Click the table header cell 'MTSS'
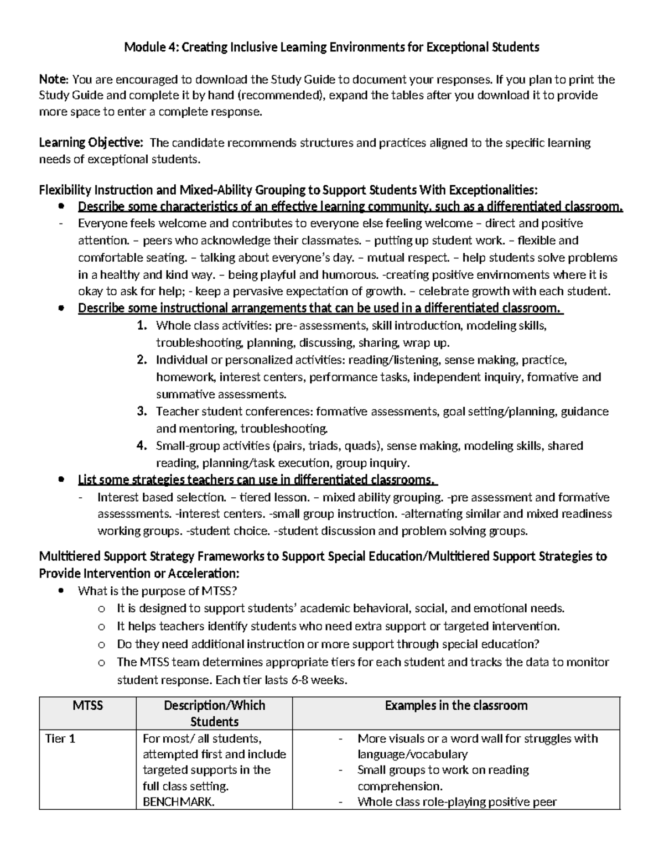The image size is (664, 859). pyautogui.click(x=88, y=706)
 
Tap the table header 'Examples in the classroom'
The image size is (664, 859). pyautogui.click(x=456, y=706)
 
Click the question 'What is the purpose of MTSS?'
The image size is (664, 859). pyautogui.click(x=158, y=591)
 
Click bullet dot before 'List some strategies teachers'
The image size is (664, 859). pyautogui.click(x=61, y=480)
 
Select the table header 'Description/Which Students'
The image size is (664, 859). pyautogui.click(x=214, y=714)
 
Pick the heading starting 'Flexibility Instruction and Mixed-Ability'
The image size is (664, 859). pyautogui.click(x=287, y=190)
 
